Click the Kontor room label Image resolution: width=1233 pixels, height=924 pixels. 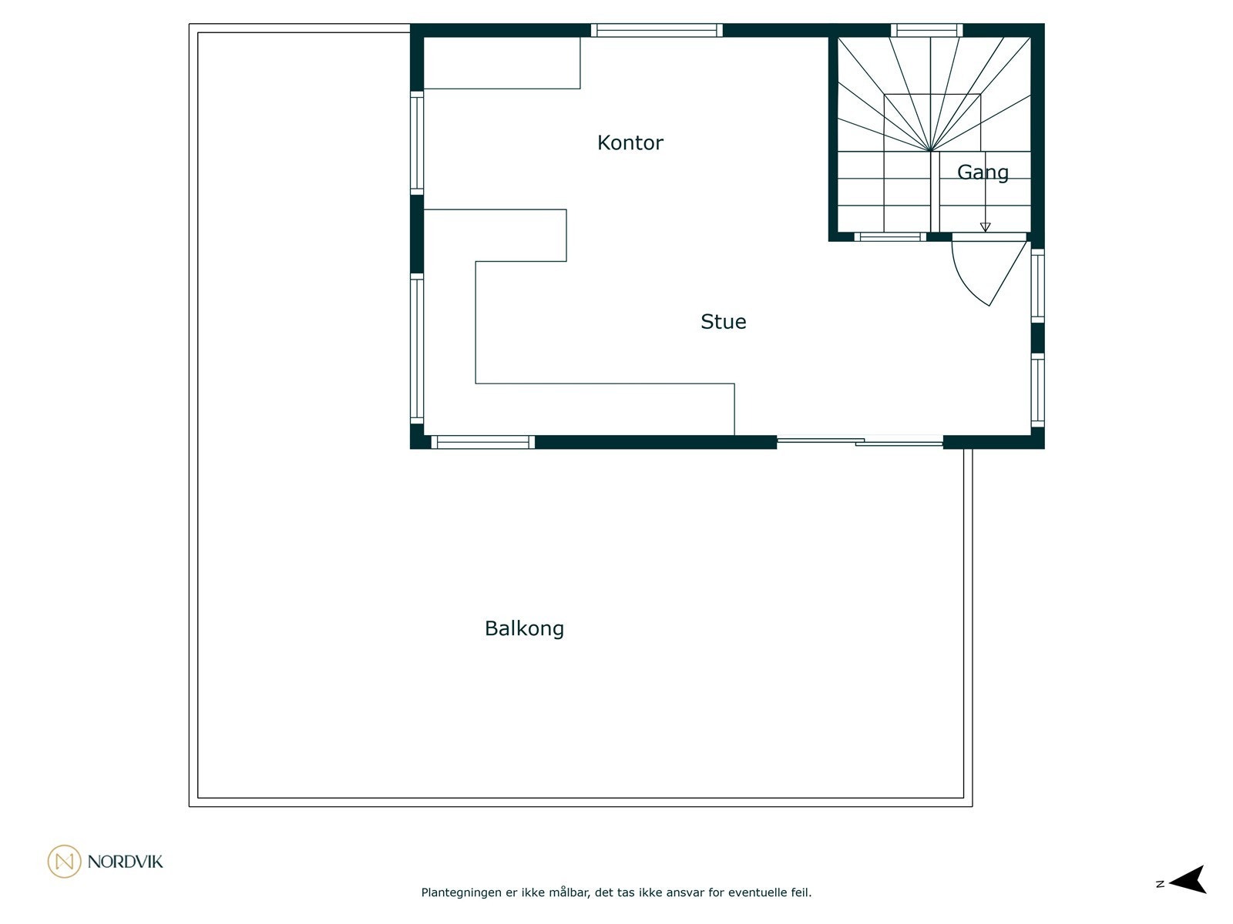[x=630, y=142]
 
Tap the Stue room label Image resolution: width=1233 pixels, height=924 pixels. [x=723, y=321]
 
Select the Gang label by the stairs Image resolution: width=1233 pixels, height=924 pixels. [x=983, y=172]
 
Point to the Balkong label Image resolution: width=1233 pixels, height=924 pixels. [x=524, y=628]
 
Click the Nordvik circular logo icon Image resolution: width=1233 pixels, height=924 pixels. [x=64, y=861]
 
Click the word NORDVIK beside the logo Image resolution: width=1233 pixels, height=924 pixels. [x=125, y=862]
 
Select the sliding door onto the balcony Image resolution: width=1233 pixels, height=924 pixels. [x=859, y=441]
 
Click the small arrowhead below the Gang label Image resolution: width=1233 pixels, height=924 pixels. [x=985, y=227]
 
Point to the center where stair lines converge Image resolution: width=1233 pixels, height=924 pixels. [x=931, y=150]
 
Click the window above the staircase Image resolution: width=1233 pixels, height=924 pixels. [x=927, y=31]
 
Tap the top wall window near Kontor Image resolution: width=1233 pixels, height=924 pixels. [x=657, y=31]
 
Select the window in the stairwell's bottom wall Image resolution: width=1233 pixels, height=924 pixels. [x=889, y=236]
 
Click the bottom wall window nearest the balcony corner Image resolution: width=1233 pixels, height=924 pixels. [x=482, y=442]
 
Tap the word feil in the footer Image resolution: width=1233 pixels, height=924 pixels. [x=801, y=893]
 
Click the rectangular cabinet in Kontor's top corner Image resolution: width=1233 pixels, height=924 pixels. [x=502, y=62]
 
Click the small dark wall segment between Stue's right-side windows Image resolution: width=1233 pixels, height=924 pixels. [x=1037, y=338]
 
